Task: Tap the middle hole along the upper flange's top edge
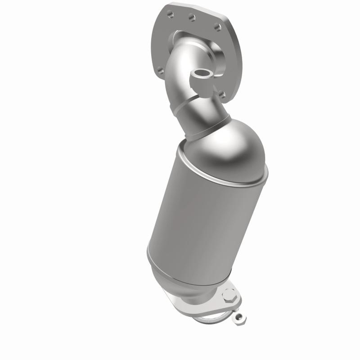point(192,18)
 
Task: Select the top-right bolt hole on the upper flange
point(215,27)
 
